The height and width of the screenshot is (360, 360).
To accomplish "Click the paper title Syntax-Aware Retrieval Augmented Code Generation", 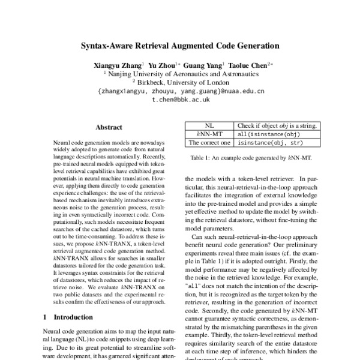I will (x=181, y=45).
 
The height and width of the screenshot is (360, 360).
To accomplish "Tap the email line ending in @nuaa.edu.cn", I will (x=180, y=92).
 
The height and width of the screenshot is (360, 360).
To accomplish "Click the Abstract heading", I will (x=109, y=127).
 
